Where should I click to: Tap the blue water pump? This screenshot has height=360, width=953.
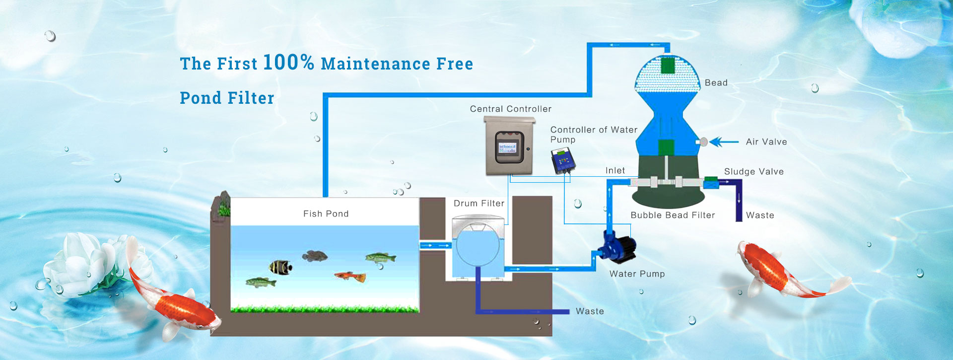point(618,245)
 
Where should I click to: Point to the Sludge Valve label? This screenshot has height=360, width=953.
point(753,172)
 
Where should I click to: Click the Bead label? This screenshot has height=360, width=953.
point(716,83)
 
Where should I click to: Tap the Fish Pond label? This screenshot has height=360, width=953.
point(326,214)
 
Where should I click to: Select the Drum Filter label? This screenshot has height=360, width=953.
point(478,204)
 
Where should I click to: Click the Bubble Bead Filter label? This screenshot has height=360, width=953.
point(673,216)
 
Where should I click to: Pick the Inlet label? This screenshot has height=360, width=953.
point(615,171)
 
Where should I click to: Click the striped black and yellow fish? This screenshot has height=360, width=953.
point(280,267)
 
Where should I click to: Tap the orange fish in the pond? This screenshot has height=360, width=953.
point(350,276)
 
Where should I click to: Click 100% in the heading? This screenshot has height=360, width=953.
point(288,63)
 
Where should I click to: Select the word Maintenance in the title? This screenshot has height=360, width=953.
point(375,64)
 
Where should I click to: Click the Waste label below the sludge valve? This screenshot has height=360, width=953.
point(760,216)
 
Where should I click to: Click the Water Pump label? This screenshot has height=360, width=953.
point(637,274)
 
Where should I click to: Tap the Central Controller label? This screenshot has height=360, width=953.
point(510,109)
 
